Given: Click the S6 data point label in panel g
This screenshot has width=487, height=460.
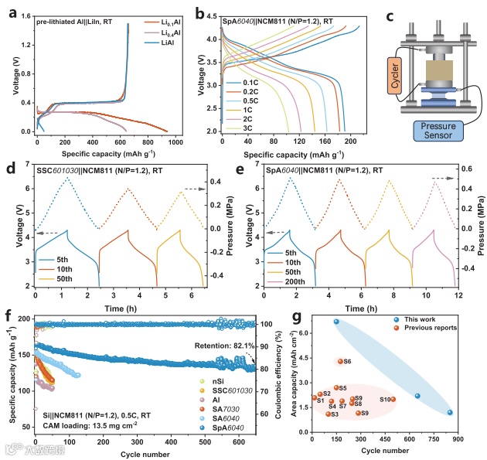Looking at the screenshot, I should [347, 362].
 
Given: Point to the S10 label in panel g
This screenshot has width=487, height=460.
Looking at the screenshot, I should [384, 399].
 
